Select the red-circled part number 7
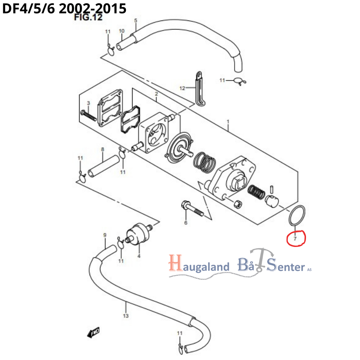coord(295,238)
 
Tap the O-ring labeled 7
coord(297,216)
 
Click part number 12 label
coord(182,88)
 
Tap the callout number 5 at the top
coord(136,21)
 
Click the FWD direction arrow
coord(94,332)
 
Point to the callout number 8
coord(102,149)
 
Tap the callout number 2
coord(156,94)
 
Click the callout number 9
coord(105,235)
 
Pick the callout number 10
coord(121,31)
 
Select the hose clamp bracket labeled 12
coord(199,88)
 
